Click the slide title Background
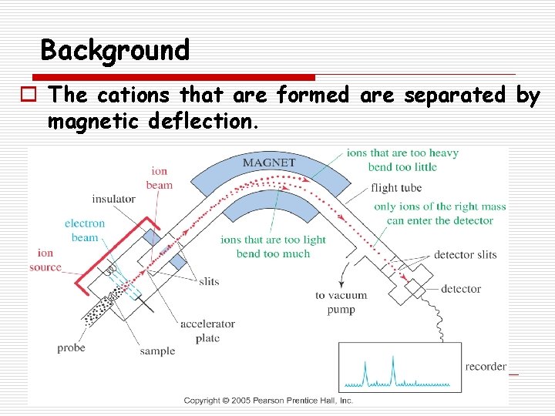pyautogui.click(x=115, y=51)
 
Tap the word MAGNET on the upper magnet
pyautogui.click(x=269, y=163)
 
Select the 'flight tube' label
pyautogui.click(x=395, y=188)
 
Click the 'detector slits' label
pyautogui.click(x=465, y=255)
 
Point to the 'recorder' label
pyautogui.click(x=486, y=367)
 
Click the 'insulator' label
pyautogui.click(x=113, y=199)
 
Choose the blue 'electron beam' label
pyautogui.click(x=85, y=230)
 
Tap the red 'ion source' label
pyautogui.click(x=45, y=260)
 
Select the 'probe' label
pyautogui.click(x=71, y=348)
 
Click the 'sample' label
pyautogui.click(x=157, y=351)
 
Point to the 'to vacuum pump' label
pyautogui.click(x=341, y=302)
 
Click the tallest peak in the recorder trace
pyautogui.click(x=392, y=361)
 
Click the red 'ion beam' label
pyautogui.click(x=160, y=178)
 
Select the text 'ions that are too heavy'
pyautogui.click(x=402, y=153)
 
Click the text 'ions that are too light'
pyautogui.click(x=273, y=240)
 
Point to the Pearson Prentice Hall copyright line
pyautogui.click(x=268, y=401)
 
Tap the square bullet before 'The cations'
pyautogui.click(x=35, y=96)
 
